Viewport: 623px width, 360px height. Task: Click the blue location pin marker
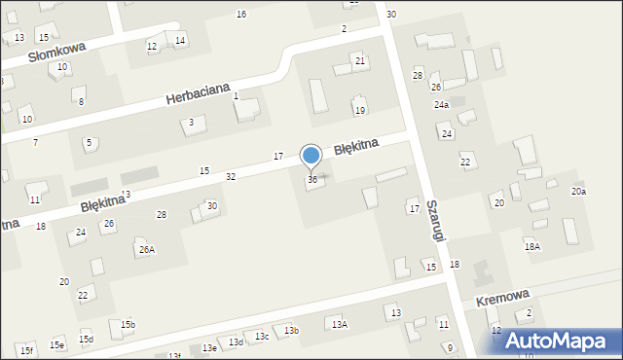point(311,156)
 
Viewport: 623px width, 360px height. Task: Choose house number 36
point(311,180)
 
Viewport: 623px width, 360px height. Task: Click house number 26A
point(146,249)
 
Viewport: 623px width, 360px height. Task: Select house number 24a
point(441,104)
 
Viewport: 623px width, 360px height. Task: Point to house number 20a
point(578,191)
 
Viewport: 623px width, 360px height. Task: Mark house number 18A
point(531,247)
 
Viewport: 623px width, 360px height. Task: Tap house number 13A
point(339,324)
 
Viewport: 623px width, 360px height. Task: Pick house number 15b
point(128,324)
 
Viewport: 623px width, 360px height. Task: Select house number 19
point(359,111)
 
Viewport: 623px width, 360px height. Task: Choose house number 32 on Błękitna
point(231,176)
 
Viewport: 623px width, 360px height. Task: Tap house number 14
point(179,40)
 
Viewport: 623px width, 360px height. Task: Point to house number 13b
point(291,331)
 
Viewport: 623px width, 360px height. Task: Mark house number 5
point(89,143)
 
